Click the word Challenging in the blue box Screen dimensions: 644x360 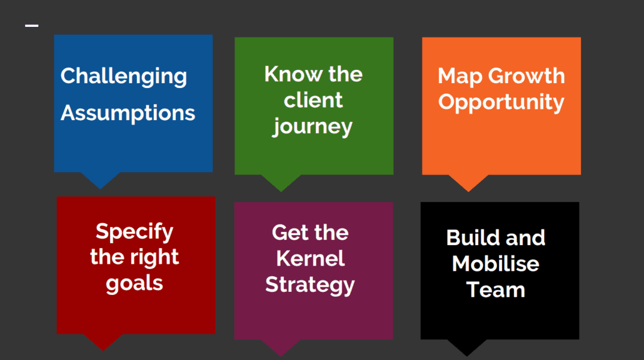click(124, 77)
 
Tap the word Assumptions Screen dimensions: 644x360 click(128, 113)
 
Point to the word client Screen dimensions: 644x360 click(313, 100)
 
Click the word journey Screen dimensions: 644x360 click(313, 127)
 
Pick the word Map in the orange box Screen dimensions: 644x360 click(460, 77)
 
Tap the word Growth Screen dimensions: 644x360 click(526, 76)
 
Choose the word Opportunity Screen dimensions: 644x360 click(501, 102)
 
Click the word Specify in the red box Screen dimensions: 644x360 click(134, 232)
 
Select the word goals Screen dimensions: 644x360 click(134, 284)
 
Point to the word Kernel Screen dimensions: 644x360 click(310, 259)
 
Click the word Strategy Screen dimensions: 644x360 click(309, 285)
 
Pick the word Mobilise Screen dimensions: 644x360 click(495, 264)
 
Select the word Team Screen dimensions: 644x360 click(495, 290)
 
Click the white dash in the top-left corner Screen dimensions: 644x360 click(32, 26)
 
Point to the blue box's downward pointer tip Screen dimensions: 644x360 click(100, 189)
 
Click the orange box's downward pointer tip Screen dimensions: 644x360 click(468, 191)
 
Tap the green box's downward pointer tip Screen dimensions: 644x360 click(281, 191)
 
